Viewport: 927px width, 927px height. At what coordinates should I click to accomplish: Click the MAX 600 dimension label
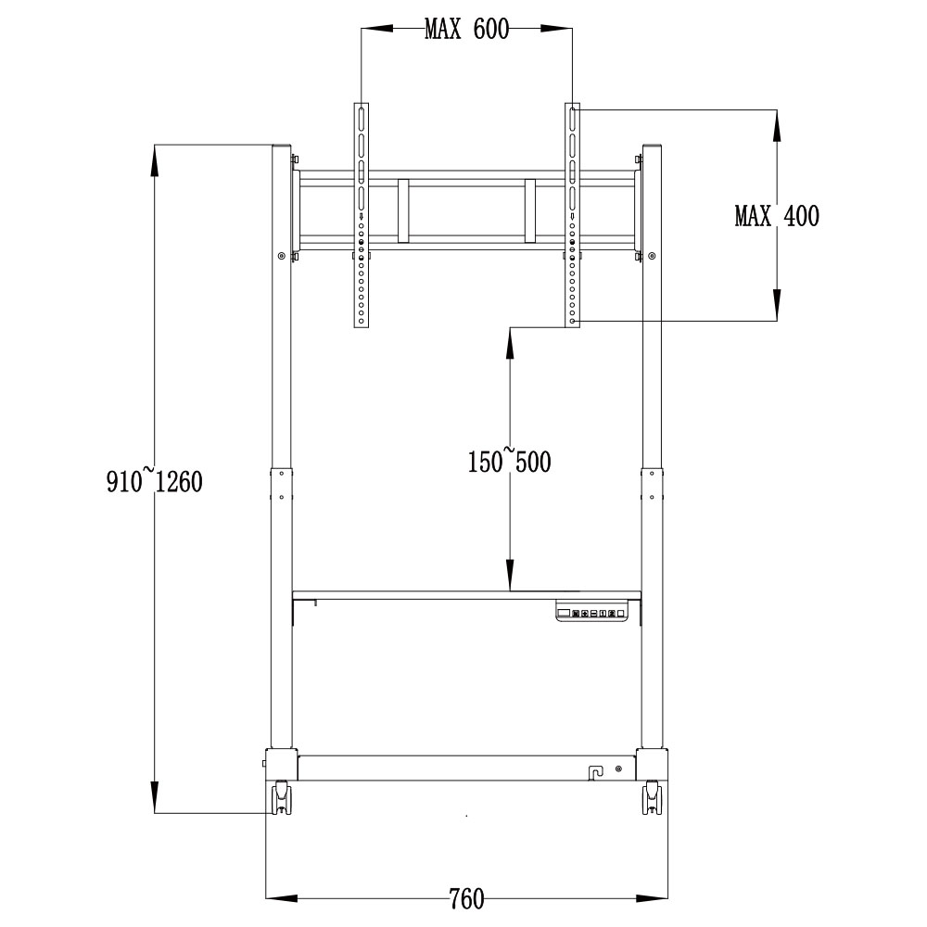[466, 29]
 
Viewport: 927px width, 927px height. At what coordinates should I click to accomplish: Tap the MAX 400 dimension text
[777, 216]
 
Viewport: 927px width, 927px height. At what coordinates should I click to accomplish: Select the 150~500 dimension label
[509, 461]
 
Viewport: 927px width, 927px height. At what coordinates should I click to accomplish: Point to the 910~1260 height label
[154, 481]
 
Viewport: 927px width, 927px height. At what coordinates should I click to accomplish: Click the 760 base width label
[466, 899]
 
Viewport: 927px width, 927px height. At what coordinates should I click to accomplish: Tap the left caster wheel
[281, 797]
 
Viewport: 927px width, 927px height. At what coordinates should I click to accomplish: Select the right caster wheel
[652, 797]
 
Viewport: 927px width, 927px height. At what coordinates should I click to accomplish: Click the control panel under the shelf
[590, 613]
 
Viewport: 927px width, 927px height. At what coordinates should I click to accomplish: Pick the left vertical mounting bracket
[362, 215]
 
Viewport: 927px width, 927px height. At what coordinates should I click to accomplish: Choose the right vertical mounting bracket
[572, 215]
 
